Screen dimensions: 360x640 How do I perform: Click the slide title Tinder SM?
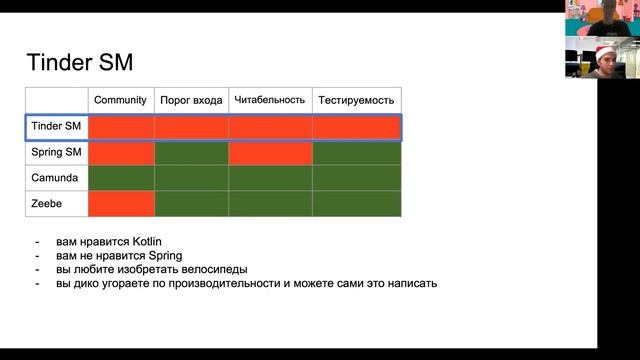point(79,63)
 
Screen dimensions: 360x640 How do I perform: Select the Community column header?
point(120,100)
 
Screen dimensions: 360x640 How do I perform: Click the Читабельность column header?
point(269,100)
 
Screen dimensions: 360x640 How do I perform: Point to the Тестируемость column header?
point(356,100)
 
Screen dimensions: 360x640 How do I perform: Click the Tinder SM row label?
point(56,127)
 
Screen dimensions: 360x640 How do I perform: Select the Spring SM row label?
point(56,153)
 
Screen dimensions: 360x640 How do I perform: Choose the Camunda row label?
point(56,178)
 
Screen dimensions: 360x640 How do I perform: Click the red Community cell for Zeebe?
point(121,203)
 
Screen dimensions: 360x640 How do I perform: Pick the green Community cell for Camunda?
point(121,178)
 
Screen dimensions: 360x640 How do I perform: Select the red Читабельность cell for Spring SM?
point(270,153)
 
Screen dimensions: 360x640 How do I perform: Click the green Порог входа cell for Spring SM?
point(191,153)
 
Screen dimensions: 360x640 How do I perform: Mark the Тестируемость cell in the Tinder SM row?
point(356,127)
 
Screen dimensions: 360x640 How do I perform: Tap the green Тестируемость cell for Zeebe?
point(356,203)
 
